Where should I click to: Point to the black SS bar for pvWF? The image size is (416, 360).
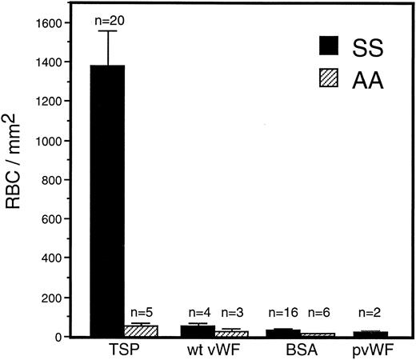tap(370, 334)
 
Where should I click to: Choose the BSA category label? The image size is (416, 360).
tap(301, 351)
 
